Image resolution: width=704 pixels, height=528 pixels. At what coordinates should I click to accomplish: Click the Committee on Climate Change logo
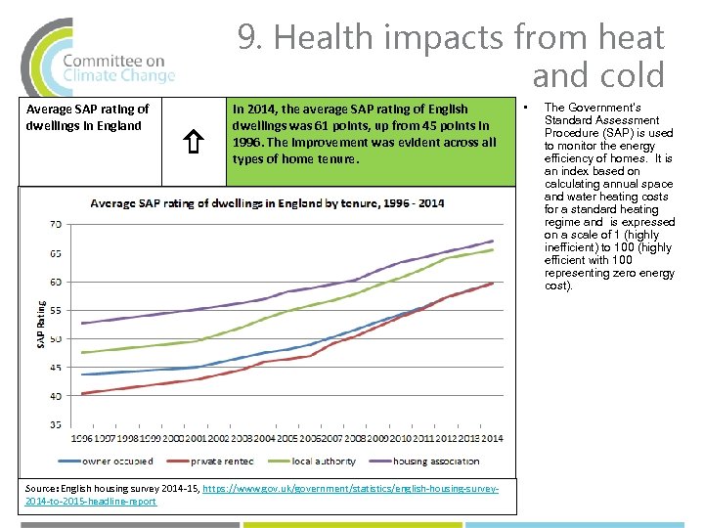pos(98,57)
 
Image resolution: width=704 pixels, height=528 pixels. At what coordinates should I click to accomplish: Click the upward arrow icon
pos(194,145)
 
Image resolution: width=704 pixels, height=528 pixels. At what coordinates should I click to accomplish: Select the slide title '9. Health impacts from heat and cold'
pos(451,56)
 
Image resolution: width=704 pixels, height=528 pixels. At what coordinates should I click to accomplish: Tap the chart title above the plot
pos(267,203)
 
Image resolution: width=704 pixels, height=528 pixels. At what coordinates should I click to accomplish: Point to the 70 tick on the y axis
pos(55,225)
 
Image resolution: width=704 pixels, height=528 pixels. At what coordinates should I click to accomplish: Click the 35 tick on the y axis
pos(55,425)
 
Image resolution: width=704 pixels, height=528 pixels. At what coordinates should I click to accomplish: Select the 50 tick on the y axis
pos(55,339)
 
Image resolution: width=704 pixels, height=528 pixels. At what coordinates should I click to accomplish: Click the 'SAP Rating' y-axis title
pos(41,325)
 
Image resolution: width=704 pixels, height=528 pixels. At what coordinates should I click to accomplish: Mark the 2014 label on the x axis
pos(492,437)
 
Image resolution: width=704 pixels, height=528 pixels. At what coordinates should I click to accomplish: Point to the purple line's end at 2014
pos(493,241)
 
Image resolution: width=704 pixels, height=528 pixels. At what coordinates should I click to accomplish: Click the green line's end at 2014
pos(493,249)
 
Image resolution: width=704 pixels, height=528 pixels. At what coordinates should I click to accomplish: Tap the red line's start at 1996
pos(82,394)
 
